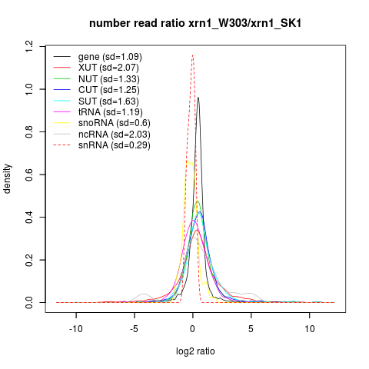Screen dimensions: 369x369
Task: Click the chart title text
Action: click(x=195, y=23)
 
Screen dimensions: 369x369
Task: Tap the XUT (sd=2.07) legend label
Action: click(x=108, y=68)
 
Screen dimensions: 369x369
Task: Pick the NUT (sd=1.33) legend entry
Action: click(x=109, y=79)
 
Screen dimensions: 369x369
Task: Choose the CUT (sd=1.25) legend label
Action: click(x=109, y=90)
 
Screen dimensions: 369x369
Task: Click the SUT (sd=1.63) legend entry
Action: click(x=108, y=101)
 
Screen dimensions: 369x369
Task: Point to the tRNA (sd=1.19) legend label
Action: click(x=111, y=112)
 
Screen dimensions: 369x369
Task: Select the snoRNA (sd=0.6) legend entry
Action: click(x=115, y=123)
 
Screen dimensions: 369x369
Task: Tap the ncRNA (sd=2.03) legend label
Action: click(x=115, y=135)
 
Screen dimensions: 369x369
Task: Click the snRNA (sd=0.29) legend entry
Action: click(x=115, y=145)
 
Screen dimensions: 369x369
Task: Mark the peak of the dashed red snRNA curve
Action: click(x=192, y=55)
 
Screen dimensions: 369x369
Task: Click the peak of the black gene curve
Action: click(x=198, y=98)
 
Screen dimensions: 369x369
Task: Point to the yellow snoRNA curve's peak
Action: click(x=188, y=161)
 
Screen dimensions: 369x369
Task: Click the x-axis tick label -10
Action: click(x=76, y=329)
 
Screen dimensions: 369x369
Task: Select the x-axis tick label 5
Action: click(x=251, y=329)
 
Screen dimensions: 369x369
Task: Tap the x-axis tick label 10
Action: click(x=310, y=329)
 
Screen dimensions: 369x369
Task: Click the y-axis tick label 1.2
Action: click(x=29, y=46)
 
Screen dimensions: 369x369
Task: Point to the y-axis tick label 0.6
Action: click(x=29, y=175)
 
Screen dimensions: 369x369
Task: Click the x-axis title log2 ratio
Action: click(x=195, y=351)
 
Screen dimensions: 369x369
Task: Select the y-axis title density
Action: click(x=8, y=179)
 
